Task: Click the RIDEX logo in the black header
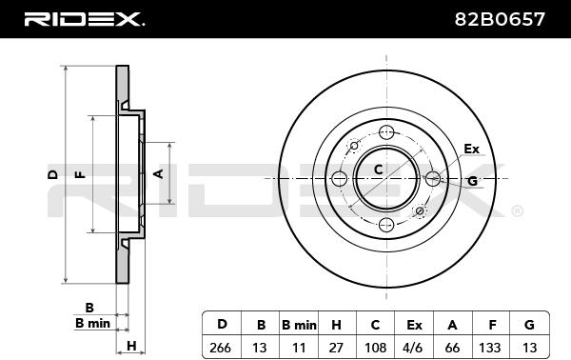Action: click(x=84, y=19)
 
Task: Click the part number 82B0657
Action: click(x=500, y=19)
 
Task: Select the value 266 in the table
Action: click(x=221, y=348)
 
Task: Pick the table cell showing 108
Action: click(x=375, y=348)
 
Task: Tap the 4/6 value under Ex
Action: click(x=413, y=348)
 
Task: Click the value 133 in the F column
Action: click(x=490, y=348)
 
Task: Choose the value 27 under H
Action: click(x=336, y=348)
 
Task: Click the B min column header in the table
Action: click(x=299, y=325)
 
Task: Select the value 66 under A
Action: click(x=452, y=348)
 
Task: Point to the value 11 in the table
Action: click(x=299, y=348)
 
